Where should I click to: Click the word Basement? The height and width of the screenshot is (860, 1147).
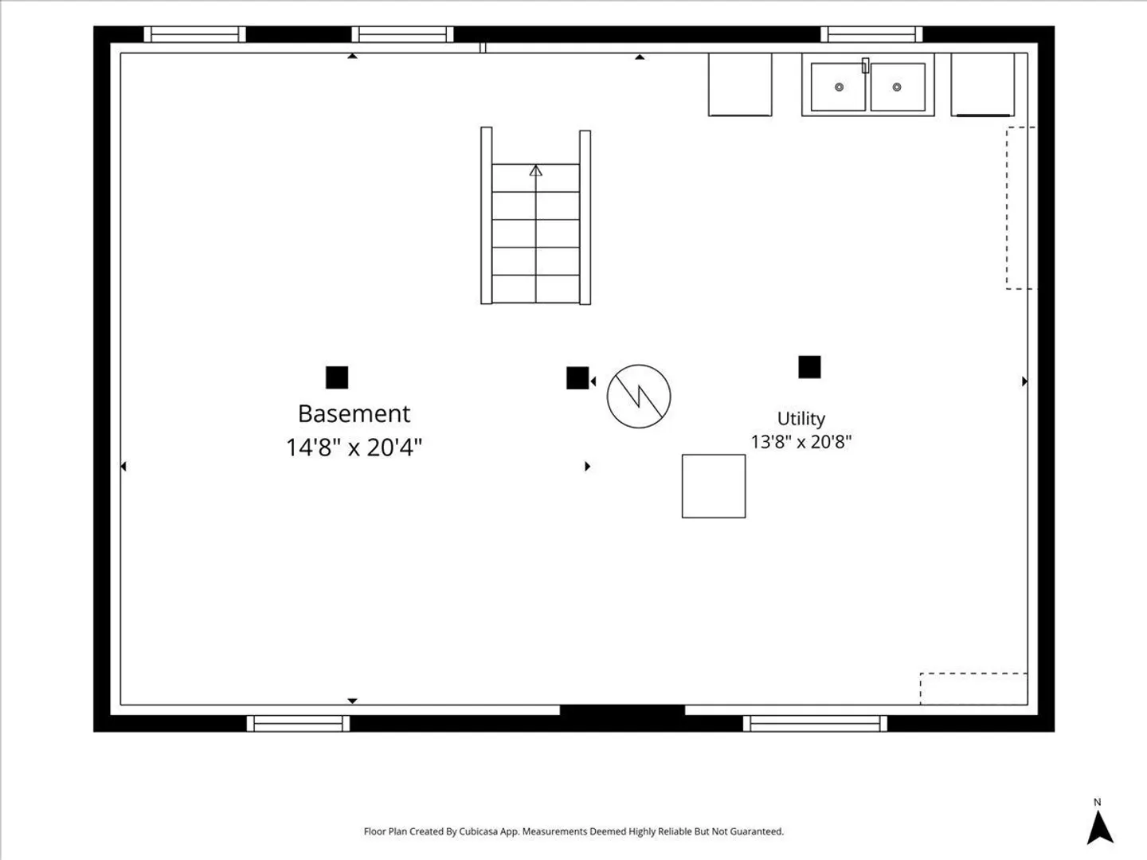354,413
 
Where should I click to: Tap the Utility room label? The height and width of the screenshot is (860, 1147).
801,419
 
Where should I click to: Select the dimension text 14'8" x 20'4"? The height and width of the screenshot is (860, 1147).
354,448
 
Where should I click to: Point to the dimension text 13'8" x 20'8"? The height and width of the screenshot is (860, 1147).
801,442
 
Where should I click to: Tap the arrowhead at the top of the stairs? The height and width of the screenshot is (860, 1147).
535,170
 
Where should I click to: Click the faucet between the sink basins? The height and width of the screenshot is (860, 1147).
865,65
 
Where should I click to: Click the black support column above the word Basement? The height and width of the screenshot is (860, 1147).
337,377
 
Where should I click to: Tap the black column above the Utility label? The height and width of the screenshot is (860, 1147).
809,367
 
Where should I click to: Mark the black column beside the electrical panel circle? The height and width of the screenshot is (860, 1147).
577,378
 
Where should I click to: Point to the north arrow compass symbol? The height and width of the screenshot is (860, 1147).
1100,827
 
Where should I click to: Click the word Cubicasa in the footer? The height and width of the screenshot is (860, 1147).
479,831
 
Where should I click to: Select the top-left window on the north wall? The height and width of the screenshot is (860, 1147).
194,34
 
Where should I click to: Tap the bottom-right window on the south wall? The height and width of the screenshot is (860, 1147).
815,723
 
